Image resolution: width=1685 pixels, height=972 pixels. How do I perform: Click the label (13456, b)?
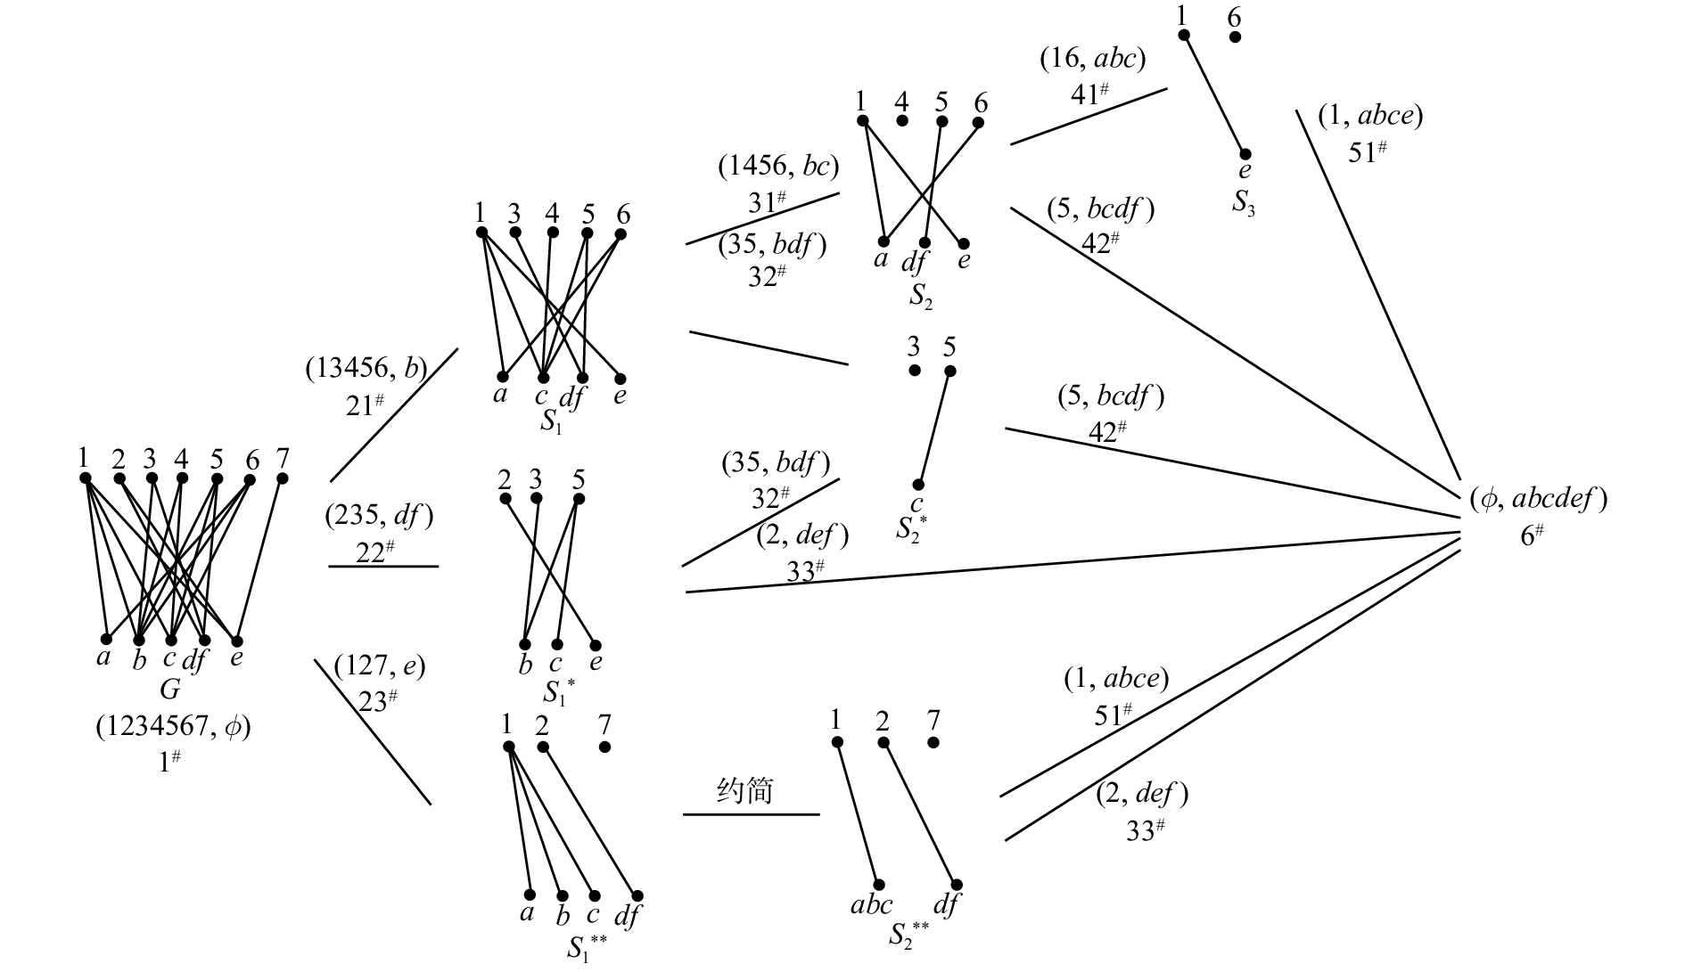click(x=366, y=369)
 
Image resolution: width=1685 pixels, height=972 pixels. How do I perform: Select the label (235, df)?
click(x=379, y=515)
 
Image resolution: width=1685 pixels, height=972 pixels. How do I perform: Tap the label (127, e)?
click(x=379, y=666)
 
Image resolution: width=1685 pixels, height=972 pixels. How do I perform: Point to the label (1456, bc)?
click(x=779, y=167)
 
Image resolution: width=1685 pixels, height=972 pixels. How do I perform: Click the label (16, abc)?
click(x=1092, y=59)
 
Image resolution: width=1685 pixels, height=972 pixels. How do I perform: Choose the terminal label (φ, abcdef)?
click(x=1538, y=499)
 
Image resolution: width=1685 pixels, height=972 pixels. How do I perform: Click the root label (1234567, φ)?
click(x=174, y=727)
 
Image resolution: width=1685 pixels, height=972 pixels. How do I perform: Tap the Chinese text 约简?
click(x=744, y=790)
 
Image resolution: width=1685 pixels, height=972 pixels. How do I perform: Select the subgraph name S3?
click(x=1245, y=203)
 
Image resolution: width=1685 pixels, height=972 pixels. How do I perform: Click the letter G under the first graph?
click(x=169, y=690)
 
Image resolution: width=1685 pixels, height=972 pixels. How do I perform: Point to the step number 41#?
click(x=1089, y=93)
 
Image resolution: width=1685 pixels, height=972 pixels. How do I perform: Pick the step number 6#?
click(x=1532, y=536)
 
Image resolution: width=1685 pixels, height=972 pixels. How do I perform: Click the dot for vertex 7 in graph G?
click(x=283, y=478)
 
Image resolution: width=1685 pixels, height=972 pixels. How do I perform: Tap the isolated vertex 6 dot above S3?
click(x=1236, y=37)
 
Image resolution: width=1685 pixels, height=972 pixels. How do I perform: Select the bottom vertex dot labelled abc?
click(x=879, y=885)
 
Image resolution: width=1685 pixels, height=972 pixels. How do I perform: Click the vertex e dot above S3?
click(x=1245, y=154)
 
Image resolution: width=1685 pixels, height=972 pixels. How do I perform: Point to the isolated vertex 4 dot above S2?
click(x=902, y=120)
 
